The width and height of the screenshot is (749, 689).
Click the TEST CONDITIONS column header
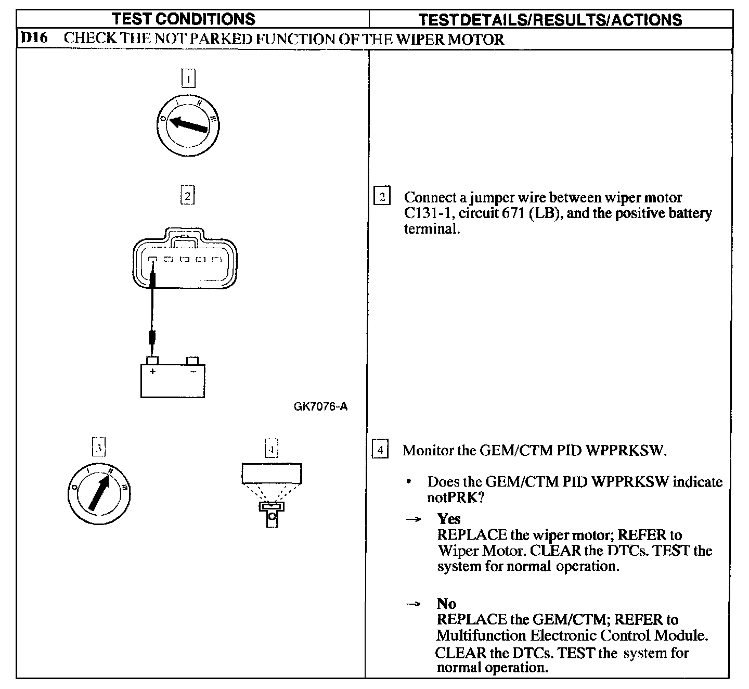tap(184, 19)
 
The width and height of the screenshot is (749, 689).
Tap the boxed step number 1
tap(188, 79)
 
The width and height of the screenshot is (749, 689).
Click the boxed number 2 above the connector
tap(187, 196)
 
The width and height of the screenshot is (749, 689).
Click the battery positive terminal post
tap(152, 360)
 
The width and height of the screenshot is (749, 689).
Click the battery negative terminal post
tap(192, 360)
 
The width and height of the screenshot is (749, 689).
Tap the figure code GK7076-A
tap(320, 406)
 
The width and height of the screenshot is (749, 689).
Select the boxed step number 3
tap(99, 448)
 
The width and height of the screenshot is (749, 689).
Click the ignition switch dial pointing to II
tap(99, 492)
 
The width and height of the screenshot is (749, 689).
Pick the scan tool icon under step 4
tap(272, 494)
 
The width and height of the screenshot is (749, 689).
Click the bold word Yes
tap(449, 519)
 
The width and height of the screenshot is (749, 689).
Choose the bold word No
tap(446, 604)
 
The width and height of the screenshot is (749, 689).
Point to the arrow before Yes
tap(413, 519)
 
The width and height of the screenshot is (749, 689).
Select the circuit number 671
tap(514, 213)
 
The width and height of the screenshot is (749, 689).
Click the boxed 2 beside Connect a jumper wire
tap(382, 197)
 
